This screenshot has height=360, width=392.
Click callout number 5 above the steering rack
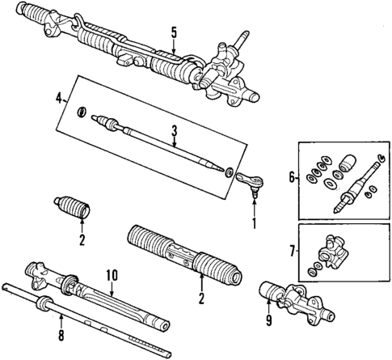[172, 33]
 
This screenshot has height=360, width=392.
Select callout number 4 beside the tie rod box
[59, 99]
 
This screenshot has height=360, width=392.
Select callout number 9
[266, 327]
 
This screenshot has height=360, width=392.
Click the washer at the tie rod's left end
[81, 111]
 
